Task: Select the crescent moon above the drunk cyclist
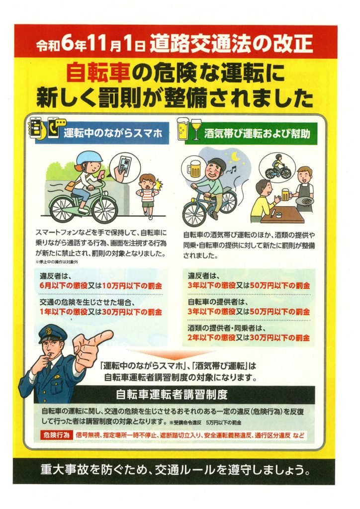pos(235,157)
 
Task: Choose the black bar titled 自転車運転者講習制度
pos(175,394)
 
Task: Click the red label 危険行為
pos(56,435)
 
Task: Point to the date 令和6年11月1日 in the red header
pos(90,45)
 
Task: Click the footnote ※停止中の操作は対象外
pos(57,262)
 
